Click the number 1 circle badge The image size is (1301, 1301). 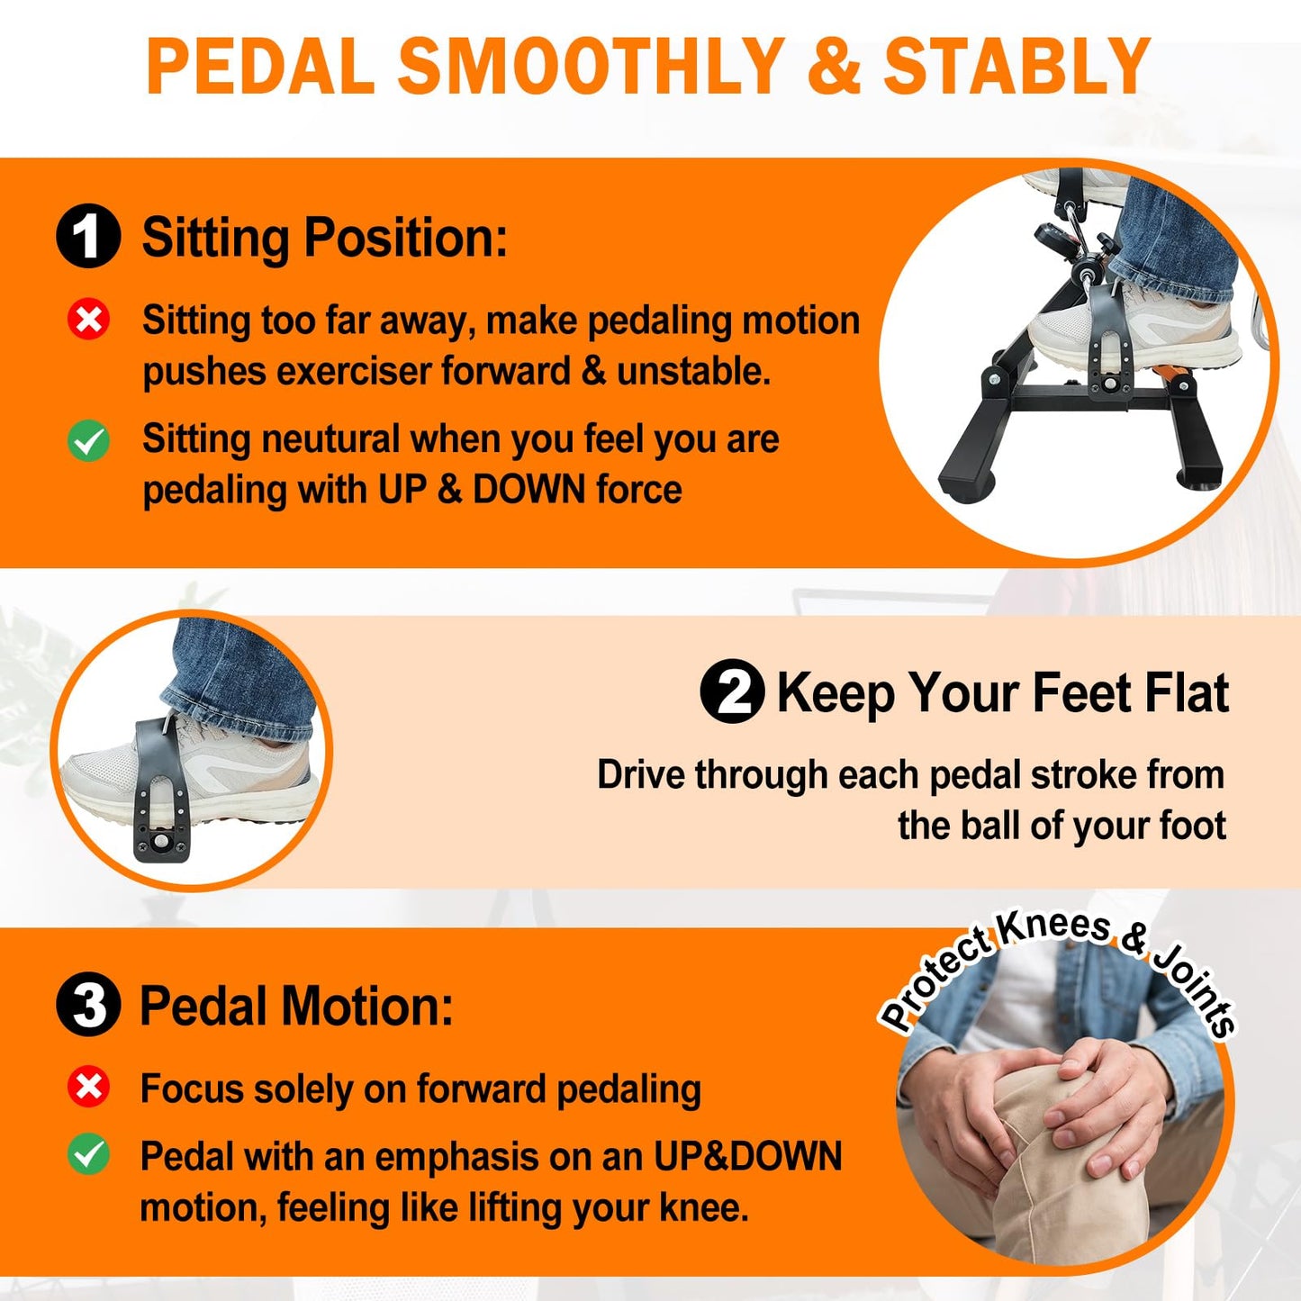(88, 237)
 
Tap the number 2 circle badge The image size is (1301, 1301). (732, 692)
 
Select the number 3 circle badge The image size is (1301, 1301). (88, 1005)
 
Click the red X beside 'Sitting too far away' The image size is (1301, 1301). (89, 320)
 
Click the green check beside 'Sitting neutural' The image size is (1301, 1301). (89, 440)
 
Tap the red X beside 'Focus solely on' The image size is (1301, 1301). (89, 1088)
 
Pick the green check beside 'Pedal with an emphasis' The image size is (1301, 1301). (89, 1154)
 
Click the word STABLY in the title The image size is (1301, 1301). (1016, 67)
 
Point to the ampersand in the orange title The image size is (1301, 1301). (834, 67)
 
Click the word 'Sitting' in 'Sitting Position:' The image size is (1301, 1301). (216, 238)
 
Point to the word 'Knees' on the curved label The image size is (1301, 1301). (1053, 926)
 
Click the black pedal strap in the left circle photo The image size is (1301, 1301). (162, 792)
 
